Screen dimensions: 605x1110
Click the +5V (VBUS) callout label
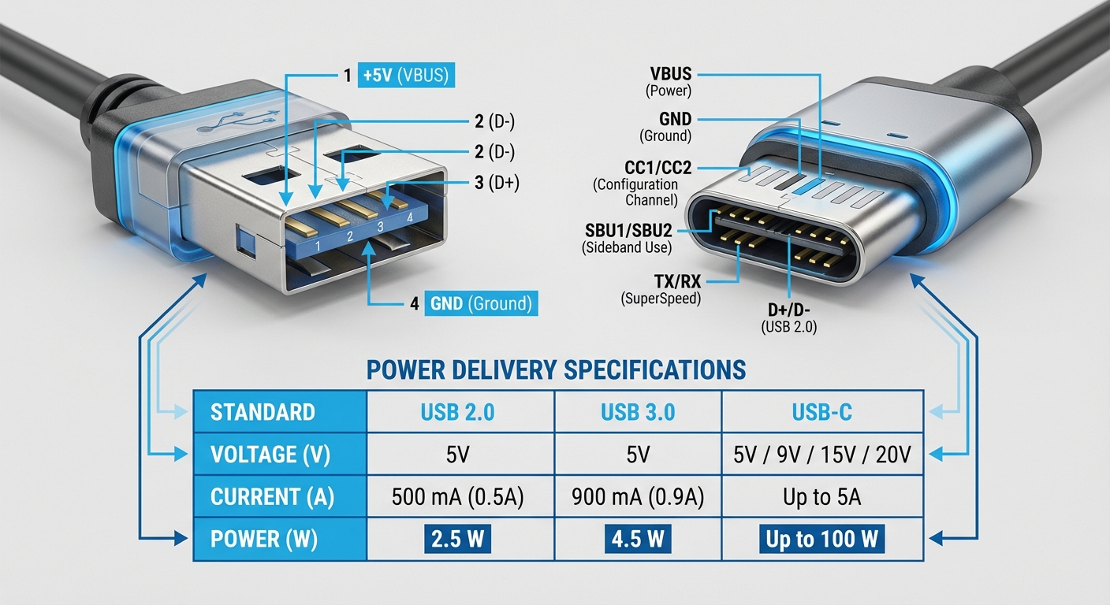tap(406, 76)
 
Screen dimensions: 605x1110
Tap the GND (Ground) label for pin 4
tap(480, 303)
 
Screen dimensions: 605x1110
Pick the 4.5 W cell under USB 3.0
tap(638, 540)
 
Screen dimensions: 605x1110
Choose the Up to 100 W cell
tap(822, 540)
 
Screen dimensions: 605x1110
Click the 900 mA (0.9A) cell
tap(638, 498)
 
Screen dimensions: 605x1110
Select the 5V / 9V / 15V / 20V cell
tap(822, 455)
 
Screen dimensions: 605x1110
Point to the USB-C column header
tap(822, 412)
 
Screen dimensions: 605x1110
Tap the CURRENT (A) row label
tap(273, 498)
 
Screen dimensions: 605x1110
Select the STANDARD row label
tap(263, 412)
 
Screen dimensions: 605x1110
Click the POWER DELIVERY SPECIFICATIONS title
tap(557, 369)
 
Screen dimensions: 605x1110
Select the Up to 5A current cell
tap(822, 498)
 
